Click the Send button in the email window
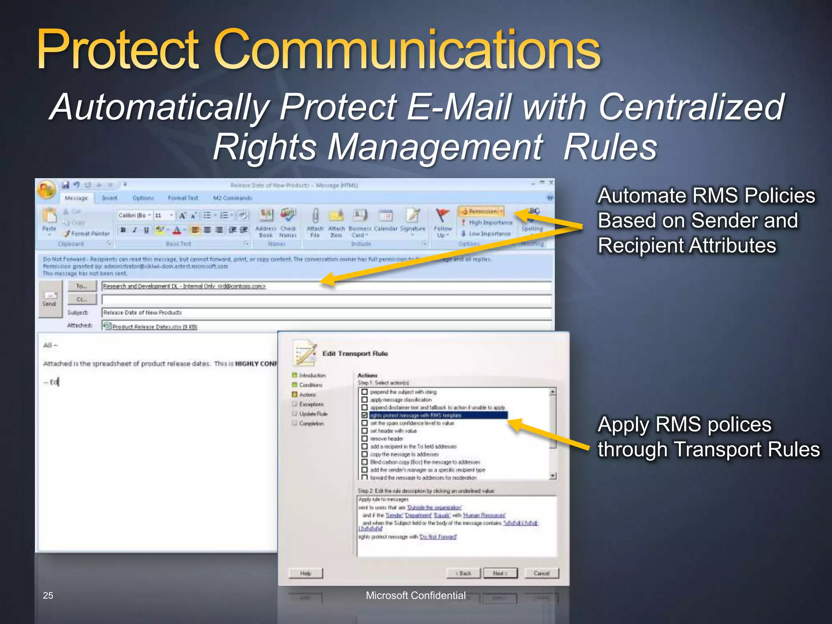(49, 299)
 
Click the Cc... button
(82, 299)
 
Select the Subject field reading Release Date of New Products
(325, 312)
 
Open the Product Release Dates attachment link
(154, 327)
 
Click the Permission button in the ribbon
(481, 211)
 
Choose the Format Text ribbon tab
(183, 198)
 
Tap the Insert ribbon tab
(109, 198)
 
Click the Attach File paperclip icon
(315, 216)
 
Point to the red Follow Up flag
(442, 216)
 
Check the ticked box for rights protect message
(364, 415)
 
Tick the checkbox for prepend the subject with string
(364, 392)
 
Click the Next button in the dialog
(500, 573)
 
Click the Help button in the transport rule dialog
(305, 573)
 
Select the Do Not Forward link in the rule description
(438, 537)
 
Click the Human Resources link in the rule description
(484, 516)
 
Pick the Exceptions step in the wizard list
(311, 404)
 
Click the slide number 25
(48, 596)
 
